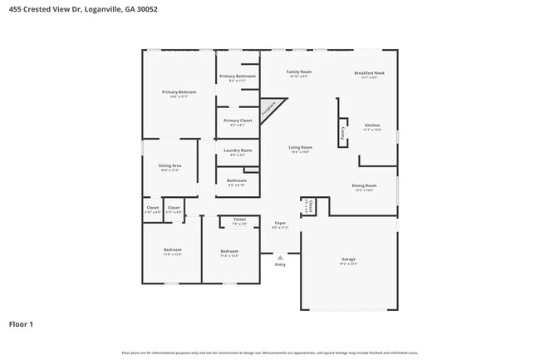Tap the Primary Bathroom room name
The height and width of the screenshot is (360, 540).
pyautogui.click(x=238, y=76)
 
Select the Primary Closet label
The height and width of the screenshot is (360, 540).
pyautogui.click(x=238, y=121)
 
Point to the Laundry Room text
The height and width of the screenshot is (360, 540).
pyautogui.click(x=238, y=150)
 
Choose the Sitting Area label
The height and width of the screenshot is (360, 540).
pyautogui.click(x=170, y=165)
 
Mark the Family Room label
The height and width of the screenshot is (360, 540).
pyautogui.click(x=299, y=72)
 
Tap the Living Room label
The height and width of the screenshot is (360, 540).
pyautogui.click(x=300, y=147)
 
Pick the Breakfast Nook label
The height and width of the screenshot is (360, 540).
pyautogui.click(x=369, y=72)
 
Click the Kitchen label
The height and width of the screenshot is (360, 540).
pyautogui.click(x=372, y=125)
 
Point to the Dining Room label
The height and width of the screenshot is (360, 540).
pyautogui.click(x=365, y=185)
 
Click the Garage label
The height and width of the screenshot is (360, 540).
pyautogui.click(x=348, y=259)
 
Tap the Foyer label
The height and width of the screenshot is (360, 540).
pyautogui.click(x=280, y=223)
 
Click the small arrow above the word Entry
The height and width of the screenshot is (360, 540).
pyautogui.click(x=280, y=258)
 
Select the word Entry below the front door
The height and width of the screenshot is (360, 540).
pyautogui.click(x=280, y=264)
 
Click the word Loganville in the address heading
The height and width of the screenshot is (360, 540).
pyautogui.click(x=106, y=9)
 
